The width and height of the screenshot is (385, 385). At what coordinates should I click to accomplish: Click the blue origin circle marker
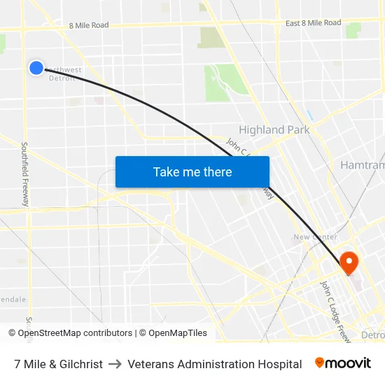coord(36,67)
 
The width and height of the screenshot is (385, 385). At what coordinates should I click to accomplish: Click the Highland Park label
coord(272,129)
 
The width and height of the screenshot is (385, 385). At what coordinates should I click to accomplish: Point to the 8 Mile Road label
coord(89,25)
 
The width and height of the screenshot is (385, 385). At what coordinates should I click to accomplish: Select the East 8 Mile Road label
coord(313,23)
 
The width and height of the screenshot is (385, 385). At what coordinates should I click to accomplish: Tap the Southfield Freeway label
coord(25,174)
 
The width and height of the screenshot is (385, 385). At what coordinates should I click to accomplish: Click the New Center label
coord(315,237)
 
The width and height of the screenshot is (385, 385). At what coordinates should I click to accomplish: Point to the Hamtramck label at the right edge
coord(362,165)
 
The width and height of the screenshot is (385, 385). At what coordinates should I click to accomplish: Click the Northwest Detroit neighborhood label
coord(62,74)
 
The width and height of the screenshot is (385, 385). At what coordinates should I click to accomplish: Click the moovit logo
coord(343,363)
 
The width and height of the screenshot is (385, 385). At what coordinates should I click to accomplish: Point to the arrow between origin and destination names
coord(115,364)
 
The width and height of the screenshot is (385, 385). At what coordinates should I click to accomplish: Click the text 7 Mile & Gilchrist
coord(58,364)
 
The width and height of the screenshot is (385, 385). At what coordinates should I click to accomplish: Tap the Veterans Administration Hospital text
coord(215,364)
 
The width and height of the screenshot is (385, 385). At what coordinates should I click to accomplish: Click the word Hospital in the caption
coord(279,364)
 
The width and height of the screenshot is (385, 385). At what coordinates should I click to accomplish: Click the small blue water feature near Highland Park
coord(309,113)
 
